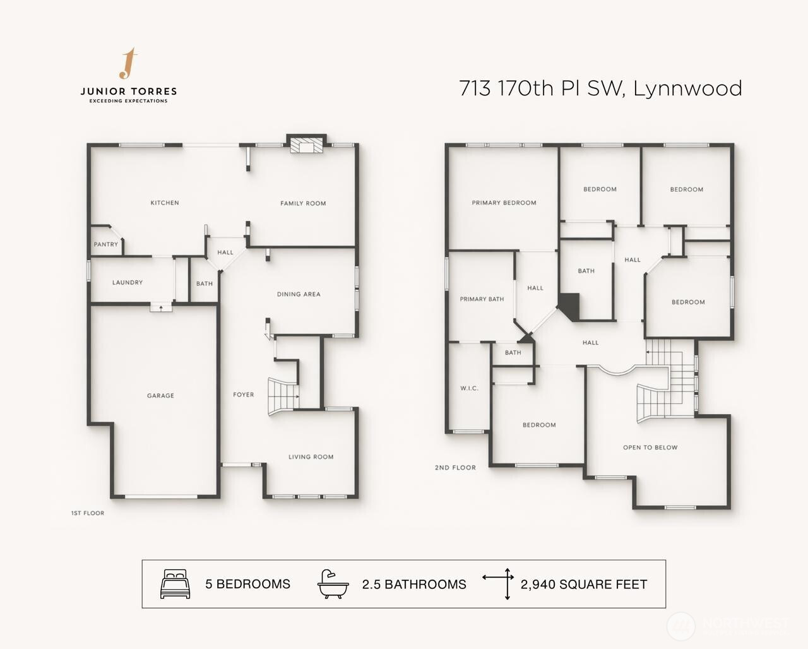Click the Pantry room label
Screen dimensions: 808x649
[106, 244]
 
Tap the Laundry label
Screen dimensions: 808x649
[128, 282]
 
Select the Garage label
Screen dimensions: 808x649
[161, 395]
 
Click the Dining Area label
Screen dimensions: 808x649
[299, 294]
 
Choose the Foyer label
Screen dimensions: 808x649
[244, 395]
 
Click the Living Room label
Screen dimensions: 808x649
[311, 457]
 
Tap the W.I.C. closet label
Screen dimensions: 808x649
[469, 388]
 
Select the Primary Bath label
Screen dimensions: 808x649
[482, 299]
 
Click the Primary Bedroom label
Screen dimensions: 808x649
[504, 203]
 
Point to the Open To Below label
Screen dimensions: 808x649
[651, 448]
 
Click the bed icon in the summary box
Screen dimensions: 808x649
[175, 583]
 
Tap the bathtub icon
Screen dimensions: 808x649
[333, 584]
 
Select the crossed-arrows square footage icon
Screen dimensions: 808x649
[498, 583]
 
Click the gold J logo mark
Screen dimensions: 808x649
[128, 63]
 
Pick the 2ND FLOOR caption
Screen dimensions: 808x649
[455, 468]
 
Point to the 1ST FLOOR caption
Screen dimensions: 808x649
[88, 513]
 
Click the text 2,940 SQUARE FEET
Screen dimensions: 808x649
[584, 585]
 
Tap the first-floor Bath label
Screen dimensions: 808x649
[205, 283]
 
